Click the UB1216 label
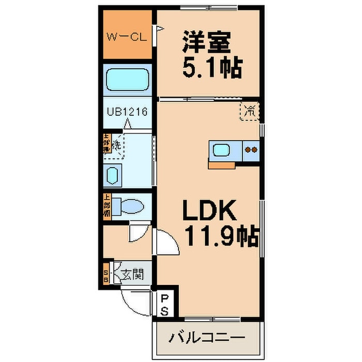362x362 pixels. (128, 111)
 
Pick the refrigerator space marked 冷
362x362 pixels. (250, 111)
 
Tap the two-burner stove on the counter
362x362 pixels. (251, 150)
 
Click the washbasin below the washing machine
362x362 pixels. (113, 175)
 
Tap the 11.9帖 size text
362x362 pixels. (220, 237)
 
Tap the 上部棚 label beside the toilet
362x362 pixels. (107, 205)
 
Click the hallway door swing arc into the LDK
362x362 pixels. (168, 242)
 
